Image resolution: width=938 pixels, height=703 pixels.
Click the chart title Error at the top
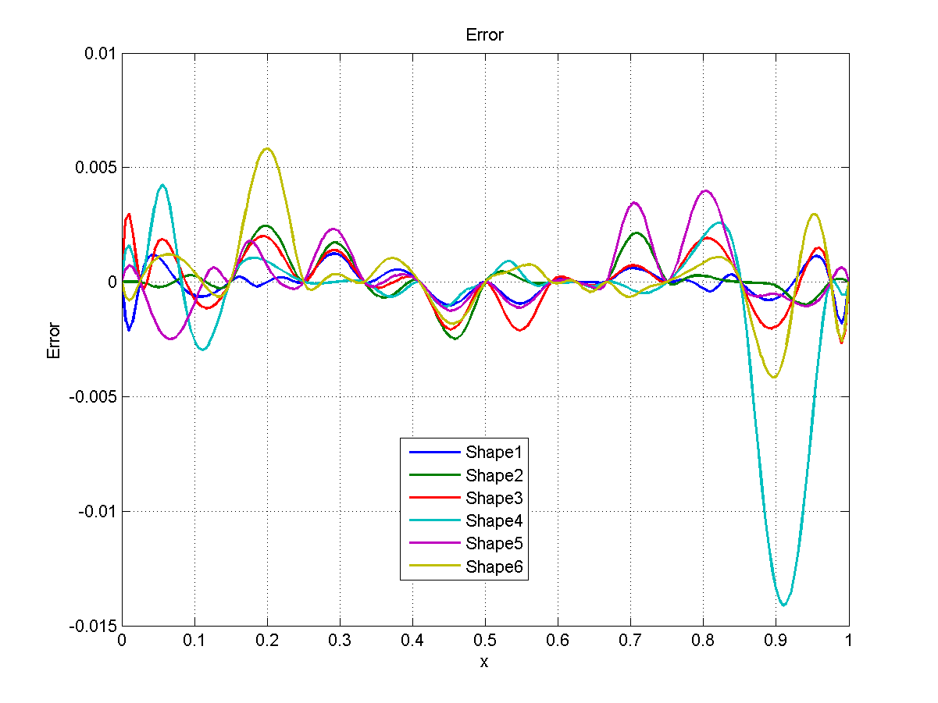pos(484,35)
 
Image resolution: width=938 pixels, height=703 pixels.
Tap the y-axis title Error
pos(54,340)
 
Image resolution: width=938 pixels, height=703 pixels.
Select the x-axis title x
pos(484,662)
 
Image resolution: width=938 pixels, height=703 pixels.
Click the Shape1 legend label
pos(498,452)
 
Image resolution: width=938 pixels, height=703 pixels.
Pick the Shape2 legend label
pos(498,475)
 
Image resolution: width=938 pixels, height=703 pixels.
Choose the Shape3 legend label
pos(498,498)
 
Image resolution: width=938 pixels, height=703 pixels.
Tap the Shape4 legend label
pos(498,520)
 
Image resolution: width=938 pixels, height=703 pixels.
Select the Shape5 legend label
pos(498,543)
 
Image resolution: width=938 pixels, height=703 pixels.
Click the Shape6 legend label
pos(498,566)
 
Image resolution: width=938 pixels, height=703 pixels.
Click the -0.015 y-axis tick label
pos(93,627)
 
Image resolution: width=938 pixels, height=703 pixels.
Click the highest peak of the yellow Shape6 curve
pos(267,149)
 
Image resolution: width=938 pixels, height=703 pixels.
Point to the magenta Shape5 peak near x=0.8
pos(706,190)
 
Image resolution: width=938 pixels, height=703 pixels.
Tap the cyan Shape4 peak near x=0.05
pos(162,185)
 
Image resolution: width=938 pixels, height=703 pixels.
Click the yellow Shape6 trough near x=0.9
pos(775,378)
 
